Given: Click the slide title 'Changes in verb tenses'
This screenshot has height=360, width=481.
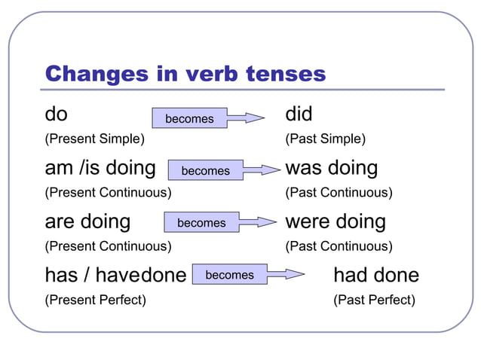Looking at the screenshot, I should point(185,74).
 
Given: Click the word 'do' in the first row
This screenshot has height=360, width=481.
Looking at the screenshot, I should point(56,115).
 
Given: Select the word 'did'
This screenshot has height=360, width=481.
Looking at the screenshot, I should point(299,115).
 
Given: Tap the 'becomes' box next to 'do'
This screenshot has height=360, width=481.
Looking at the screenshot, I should point(189,118).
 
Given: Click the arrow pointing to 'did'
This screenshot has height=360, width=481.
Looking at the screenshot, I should point(246,118).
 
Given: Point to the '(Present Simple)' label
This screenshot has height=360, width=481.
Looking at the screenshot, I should point(95,139).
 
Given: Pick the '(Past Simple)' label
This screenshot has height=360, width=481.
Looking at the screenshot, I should point(325,139).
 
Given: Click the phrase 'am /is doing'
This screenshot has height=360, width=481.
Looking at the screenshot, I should point(100,168).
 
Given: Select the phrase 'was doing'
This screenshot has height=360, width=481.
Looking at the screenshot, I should point(331,168).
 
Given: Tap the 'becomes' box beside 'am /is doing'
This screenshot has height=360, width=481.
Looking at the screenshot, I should point(205,170).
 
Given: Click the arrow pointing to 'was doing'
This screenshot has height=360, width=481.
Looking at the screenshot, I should point(262,171).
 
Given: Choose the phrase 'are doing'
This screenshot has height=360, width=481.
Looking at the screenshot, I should point(87,222).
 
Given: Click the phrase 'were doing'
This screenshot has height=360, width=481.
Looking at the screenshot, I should point(335,222).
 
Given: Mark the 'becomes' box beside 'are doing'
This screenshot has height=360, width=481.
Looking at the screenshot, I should point(201,222).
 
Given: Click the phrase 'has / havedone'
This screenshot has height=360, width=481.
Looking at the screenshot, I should point(115,276).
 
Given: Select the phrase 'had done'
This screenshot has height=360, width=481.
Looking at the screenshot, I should point(375,276).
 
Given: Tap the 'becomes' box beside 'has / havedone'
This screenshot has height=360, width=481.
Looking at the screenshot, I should point(229,275).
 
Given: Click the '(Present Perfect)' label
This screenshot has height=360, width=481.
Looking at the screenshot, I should point(96,300).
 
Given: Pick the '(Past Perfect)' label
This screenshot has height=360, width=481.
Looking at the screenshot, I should point(374,300).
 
